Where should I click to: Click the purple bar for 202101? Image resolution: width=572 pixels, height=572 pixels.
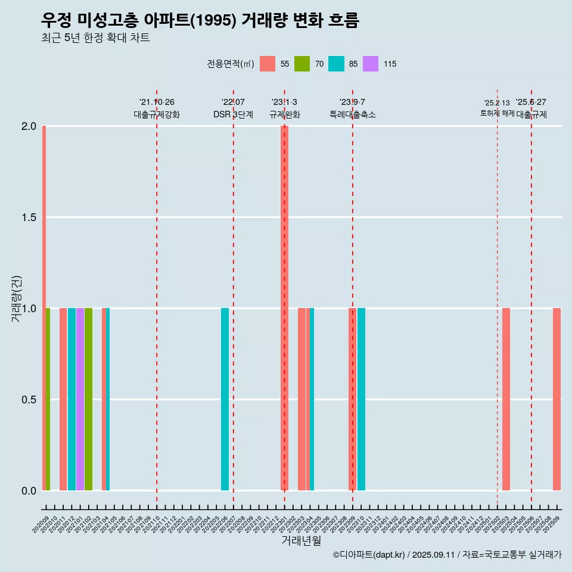tap(80, 399)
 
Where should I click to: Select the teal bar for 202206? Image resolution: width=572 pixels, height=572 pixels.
tap(225, 399)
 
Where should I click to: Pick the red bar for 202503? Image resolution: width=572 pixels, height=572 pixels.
tap(506, 399)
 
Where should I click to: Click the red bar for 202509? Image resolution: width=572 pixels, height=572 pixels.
tap(557, 399)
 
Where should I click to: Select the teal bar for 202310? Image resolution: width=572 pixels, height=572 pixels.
tap(361, 399)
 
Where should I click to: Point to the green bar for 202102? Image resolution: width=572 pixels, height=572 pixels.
tap(88, 399)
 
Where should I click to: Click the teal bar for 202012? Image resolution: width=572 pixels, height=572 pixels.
tap(71, 399)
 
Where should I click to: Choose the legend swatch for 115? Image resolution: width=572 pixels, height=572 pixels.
tap(371, 64)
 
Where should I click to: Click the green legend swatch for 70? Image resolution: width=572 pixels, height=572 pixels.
tap(302, 64)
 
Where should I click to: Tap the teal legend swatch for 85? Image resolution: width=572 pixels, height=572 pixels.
tap(336, 64)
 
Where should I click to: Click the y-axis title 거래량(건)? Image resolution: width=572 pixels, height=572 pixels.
tap(16, 299)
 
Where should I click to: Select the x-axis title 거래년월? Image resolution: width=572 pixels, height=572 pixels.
tap(301, 540)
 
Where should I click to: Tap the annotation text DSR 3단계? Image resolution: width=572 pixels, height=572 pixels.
tap(233, 114)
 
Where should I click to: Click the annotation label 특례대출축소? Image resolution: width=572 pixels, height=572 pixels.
tap(352, 114)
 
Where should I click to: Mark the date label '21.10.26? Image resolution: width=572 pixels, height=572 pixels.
tap(157, 102)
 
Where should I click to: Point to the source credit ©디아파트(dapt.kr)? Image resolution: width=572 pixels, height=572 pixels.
tap(369, 555)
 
